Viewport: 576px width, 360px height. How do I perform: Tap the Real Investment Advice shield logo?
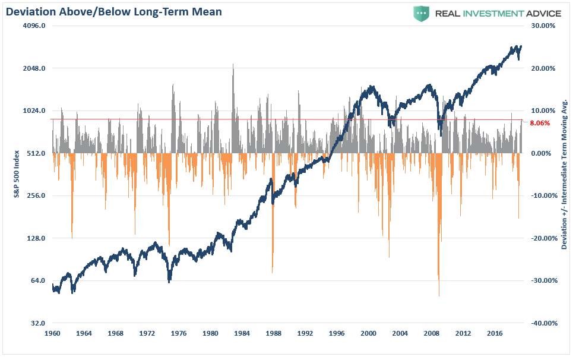tap(422, 13)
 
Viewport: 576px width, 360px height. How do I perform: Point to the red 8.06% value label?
tap(539, 124)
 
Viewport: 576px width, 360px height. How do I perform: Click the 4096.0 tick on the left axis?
tap(34, 26)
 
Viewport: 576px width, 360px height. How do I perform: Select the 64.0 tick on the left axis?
tap(38, 280)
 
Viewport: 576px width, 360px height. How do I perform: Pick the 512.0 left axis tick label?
tap(36, 153)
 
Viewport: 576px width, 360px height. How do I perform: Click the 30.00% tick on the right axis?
tap(542, 26)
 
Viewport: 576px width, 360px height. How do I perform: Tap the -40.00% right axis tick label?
tap(541, 323)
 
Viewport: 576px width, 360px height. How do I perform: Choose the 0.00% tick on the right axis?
tap(543, 153)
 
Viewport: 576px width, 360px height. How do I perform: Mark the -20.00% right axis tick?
tap(541, 238)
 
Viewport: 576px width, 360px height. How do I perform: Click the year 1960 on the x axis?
tap(53, 333)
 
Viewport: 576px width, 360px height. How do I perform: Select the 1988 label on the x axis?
tap(273, 333)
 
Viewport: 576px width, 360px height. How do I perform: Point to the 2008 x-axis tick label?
tap(431, 333)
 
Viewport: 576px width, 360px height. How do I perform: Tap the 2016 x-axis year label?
tap(494, 333)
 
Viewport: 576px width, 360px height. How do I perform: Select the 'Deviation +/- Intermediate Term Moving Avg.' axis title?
tap(565, 173)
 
